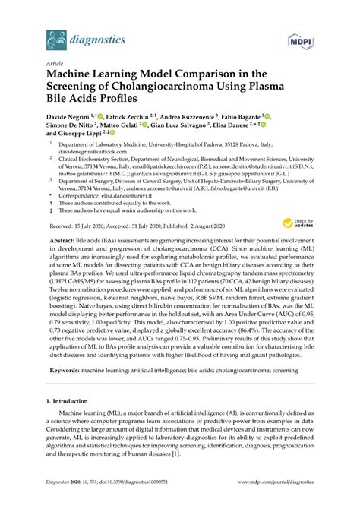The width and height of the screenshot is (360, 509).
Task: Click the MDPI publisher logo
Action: (300, 36)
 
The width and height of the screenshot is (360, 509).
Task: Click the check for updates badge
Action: (295, 223)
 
